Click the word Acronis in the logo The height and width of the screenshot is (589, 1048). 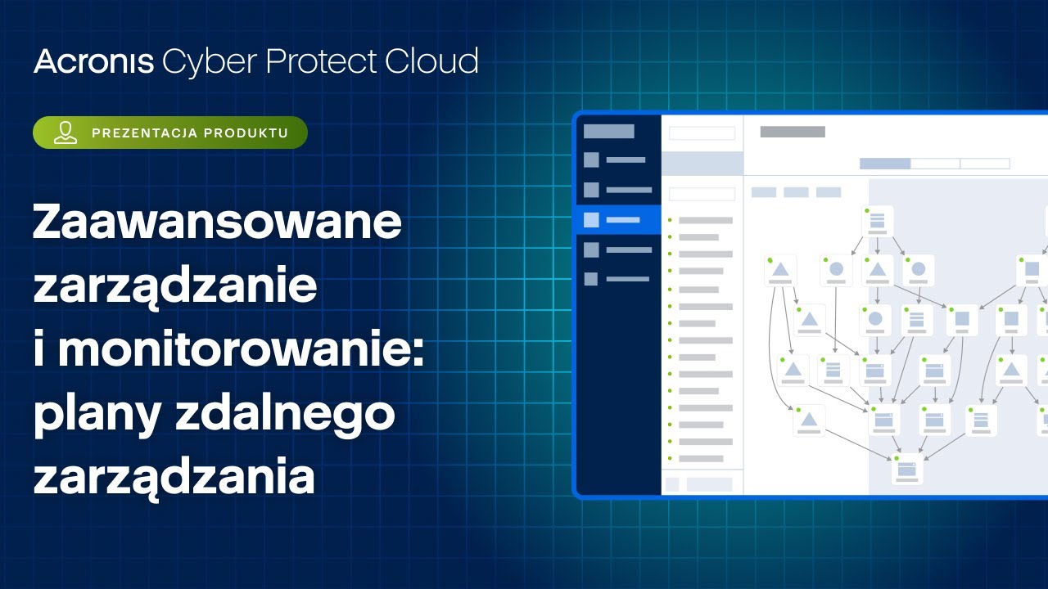pos(93,61)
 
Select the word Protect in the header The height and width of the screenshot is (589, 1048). pos(322,61)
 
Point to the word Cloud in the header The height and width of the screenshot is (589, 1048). pos(431,61)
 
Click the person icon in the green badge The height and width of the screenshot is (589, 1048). pos(65,133)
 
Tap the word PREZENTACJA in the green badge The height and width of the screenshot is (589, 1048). pos(145,133)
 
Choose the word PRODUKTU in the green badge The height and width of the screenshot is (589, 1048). pos(246,133)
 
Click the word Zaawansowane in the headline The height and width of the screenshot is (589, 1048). pos(217,222)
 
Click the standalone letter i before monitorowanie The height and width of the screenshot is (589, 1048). pos(39,349)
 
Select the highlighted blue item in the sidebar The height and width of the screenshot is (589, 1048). pos(618,220)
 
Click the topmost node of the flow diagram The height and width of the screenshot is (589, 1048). pos(877,221)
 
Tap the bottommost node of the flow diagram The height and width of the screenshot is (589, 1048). pos(907,469)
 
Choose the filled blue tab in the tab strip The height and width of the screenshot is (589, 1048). pos(885,164)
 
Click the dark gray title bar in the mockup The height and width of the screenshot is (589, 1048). pos(793,132)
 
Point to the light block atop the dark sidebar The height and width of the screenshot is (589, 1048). pos(608,132)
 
